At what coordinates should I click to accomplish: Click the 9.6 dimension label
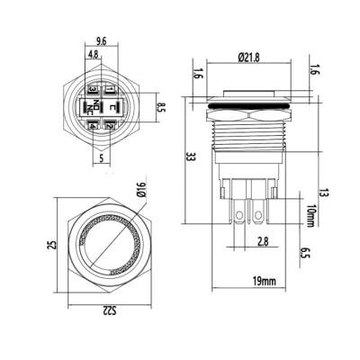[x=99, y=40]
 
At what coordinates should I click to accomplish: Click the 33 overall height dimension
[x=190, y=157]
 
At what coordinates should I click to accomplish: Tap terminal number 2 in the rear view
[x=109, y=126]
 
